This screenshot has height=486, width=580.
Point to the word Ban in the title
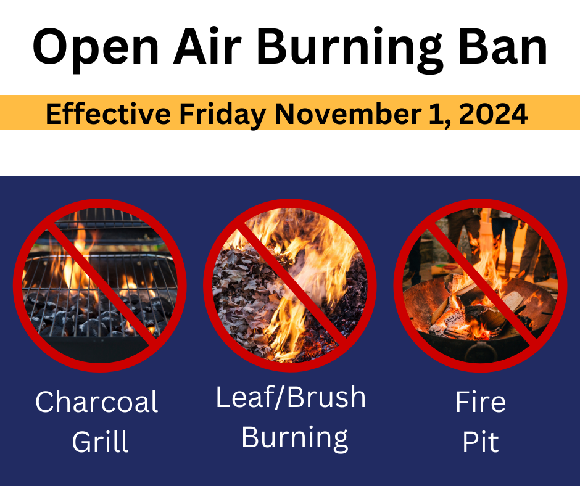tap(503, 46)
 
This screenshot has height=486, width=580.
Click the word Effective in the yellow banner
tap(108, 113)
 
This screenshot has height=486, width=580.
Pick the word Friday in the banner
tap(222, 115)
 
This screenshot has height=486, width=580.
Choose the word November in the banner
tap(347, 113)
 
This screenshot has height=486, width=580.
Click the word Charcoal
tap(96, 402)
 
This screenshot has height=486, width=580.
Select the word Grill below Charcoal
tap(100, 441)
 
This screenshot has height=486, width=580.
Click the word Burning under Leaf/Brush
tap(294, 439)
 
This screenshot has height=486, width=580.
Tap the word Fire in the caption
tap(480, 402)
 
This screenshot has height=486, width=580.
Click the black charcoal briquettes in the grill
tap(93, 318)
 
